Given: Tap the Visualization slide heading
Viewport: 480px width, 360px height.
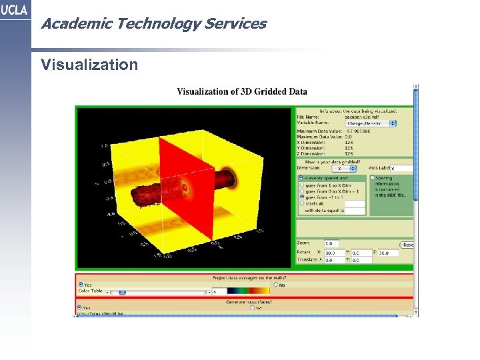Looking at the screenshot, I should pos(89,65).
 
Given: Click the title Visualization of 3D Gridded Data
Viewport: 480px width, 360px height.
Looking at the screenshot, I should pos(242,91).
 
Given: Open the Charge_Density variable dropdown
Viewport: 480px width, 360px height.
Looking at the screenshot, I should pos(371,123).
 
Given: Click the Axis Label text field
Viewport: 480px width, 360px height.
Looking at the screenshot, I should pos(402,169).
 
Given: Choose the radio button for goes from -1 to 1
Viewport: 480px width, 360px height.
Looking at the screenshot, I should pos(301,197).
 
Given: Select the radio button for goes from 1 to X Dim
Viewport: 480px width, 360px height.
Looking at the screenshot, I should pos(301,185).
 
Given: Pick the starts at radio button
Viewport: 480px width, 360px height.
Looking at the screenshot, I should pos(301,203).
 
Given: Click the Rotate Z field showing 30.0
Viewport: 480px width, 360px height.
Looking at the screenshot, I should pos(388,253).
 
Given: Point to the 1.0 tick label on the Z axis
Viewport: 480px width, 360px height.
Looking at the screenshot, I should pos(104,145).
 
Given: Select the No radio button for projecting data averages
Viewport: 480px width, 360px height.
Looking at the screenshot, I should pos(275,285).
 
